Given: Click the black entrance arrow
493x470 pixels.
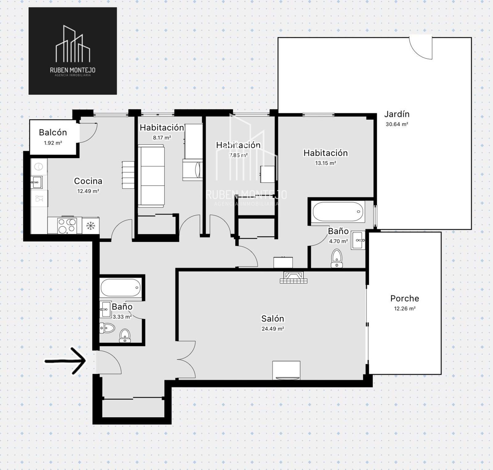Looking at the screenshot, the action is point(65,361).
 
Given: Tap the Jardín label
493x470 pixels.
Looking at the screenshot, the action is point(397,114).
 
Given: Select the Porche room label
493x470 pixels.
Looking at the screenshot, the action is point(405,298).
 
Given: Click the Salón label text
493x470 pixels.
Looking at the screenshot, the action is point(273,318).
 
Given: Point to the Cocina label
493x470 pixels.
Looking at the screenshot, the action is point(88,181).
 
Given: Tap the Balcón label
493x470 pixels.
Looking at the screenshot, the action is point(53,132).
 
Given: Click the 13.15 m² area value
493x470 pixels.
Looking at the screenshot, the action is point(325,163).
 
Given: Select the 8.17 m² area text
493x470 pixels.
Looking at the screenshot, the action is point(162,138).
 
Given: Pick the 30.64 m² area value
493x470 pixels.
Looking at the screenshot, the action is point(397,124).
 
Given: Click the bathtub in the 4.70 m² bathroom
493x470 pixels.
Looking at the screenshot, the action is point(338,212).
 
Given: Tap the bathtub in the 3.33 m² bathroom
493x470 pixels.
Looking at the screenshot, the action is point(120,288).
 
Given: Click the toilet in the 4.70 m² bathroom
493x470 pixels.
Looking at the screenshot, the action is point(337,258).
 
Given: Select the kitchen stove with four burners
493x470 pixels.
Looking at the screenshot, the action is point(67,225).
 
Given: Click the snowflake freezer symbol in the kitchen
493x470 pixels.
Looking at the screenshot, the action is point(91,226).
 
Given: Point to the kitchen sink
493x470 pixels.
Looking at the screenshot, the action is point(36,182).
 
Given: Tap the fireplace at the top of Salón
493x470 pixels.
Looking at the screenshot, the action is point(293,277).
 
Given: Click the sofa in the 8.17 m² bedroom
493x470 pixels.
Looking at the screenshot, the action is point(151,176).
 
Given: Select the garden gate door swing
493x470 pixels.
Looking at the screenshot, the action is point(421,48).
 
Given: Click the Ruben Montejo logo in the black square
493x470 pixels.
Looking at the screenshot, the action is point(73,51).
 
